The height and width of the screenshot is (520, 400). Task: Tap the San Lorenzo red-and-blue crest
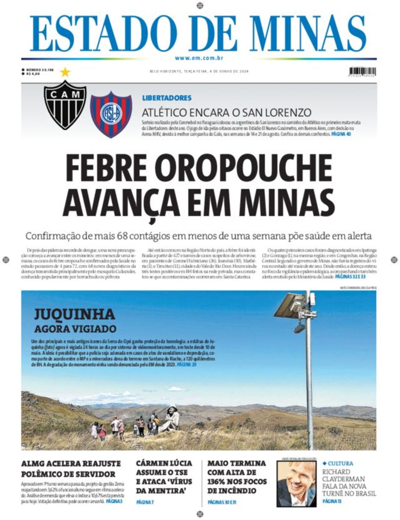(x=111, y=114)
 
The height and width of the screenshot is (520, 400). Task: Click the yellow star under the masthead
(x=65, y=72)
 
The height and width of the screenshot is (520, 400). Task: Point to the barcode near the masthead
(x=362, y=72)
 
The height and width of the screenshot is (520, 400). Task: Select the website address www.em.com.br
(x=199, y=58)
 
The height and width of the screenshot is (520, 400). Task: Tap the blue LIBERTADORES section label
(x=167, y=98)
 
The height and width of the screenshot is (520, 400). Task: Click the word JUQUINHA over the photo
(x=74, y=314)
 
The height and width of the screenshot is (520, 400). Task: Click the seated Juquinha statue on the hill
(x=171, y=418)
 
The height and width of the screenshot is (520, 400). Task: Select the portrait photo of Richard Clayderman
(x=296, y=483)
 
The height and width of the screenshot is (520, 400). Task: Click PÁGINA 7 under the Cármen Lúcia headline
(x=145, y=502)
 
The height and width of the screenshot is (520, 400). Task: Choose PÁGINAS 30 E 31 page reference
(x=222, y=502)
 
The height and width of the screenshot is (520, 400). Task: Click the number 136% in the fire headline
(x=219, y=481)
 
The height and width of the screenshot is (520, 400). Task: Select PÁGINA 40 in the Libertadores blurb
(x=341, y=134)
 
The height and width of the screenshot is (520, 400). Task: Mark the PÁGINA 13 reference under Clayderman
(x=332, y=501)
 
